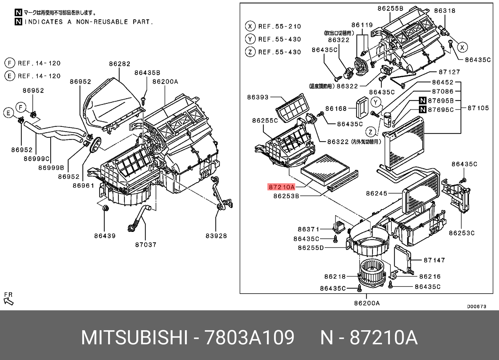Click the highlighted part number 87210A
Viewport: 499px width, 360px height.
pyautogui.click(x=281, y=187)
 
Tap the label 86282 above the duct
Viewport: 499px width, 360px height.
pyautogui.click(x=119, y=64)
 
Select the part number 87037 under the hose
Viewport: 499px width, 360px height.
pyautogui.click(x=146, y=245)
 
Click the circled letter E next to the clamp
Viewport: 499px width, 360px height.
pyautogui.click(x=9, y=113)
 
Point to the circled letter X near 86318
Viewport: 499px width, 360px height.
pyautogui.click(x=462, y=47)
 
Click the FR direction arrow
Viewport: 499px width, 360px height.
pyautogui.click(x=8, y=301)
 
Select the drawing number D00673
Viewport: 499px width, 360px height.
pyautogui.click(x=477, y=306)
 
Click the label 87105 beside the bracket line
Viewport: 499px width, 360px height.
pyautogui.click(x=478, y=108)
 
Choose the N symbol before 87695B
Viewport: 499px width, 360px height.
pyautogui.click(x=423, y=101)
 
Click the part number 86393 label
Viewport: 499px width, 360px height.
pyautogui.click(x=258, y=97)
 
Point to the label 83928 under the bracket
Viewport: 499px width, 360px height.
pyautogui.click(x=216, y=236)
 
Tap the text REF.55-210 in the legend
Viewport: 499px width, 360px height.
pyautogui.click(x=279, y=26)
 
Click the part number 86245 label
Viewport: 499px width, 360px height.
pyautogui.click(x=376, y=194)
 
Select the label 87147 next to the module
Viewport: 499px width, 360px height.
pyautogui.click(x=434, y=260)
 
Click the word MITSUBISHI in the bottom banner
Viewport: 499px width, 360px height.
pyautogui.click(x=134, y=337)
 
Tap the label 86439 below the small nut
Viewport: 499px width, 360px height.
pyautogui.click(x=105, y=236)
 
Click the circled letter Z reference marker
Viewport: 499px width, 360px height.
pyautogui.click(x=370, y=132)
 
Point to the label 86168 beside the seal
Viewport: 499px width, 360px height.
pyautogui.click(x=336, y=108)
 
